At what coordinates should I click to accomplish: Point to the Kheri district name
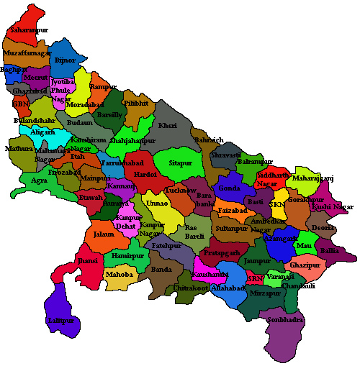pyautogui.click(x=168, y=126)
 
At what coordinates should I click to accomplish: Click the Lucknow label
pyautogui.click(x=180, y=191)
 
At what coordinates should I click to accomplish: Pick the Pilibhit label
pyautogui.click(x=136, y=104)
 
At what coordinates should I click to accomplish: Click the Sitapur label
pyautogui.click(x=181, y=163)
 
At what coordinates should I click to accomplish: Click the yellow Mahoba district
pyautogui.click(x=119, y=274)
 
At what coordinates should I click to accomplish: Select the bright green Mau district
pyautogui.click(x=303, y=244)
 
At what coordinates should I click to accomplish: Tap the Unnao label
pyautogui.click(x=157, y=203)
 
